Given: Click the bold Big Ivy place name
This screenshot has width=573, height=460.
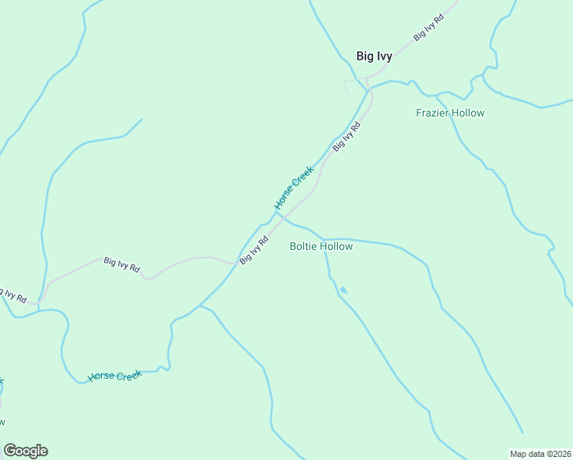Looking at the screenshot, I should (x=374, y=55).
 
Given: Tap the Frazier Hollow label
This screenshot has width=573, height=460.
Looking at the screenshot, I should (x=450, y=113).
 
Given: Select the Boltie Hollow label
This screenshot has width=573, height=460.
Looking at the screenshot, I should (x=321, y=246).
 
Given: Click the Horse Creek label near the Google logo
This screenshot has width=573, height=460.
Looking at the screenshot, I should (x=115, y=376).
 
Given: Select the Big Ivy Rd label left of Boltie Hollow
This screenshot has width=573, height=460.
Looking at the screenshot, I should (x=254, y=250).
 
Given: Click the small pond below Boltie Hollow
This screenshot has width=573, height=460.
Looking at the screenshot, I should (x=343, y=290).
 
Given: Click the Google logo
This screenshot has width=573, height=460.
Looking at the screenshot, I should (x=25, y=451).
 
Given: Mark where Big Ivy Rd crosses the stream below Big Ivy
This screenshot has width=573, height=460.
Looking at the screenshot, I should (x=369, y=90).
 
